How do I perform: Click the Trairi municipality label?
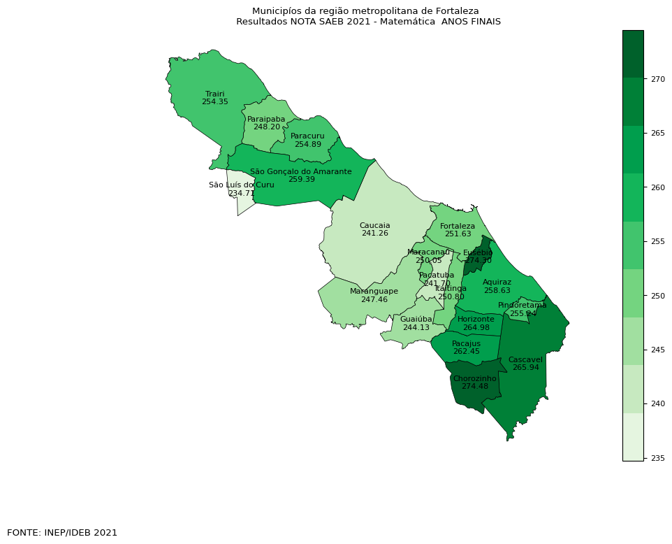[214, 94]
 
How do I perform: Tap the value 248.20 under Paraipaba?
[267, 127]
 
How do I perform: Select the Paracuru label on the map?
[307, 136]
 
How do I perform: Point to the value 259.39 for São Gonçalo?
[301, 180]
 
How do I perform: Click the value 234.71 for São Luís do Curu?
[241, 193]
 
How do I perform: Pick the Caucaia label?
[374, 225]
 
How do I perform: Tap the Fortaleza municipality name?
[458, 226]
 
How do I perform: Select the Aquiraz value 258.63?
[497, 290]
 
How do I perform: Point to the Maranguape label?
[374, 291]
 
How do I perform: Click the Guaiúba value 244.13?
[416, 327]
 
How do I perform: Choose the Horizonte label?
[476, 319]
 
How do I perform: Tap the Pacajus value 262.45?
[466, 352]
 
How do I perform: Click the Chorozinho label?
[474, 378]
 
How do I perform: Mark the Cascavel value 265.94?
[525, 368]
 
